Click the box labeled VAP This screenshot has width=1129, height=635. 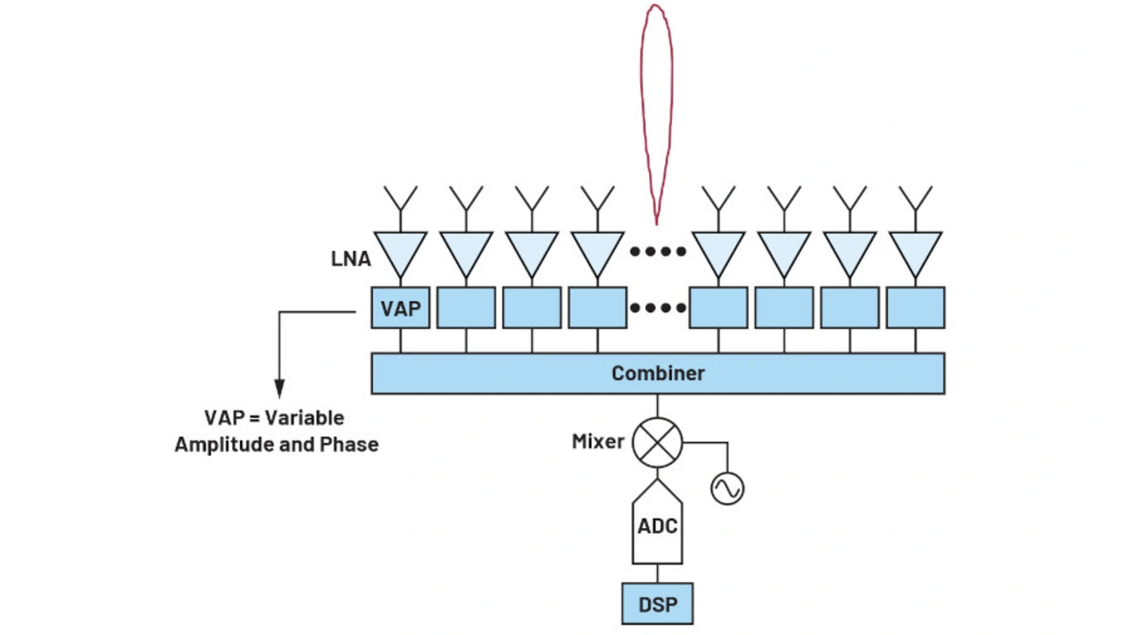pyautogui.click(x=400, y=308)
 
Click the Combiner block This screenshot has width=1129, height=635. pyautogui.click(x=658, y=373)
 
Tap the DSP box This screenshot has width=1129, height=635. pyautogui.click(x=657, y=603)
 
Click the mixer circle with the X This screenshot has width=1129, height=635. pyautogui.click(x=658, y=441)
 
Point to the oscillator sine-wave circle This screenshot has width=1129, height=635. pyautogui.click(x=728, y=488)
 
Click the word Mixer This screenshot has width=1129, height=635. pyautogui.click(x=598, y=441)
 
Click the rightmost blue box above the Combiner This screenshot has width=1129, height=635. pyautogui.click(x=916, y=308)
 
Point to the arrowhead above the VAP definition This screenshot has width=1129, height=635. pyautogui.click(x=280, y=389)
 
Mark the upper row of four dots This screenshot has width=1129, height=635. pyautogui.click(x=658, y=251)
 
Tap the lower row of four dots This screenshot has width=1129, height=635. pyautogui.click(x=658, y=308)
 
